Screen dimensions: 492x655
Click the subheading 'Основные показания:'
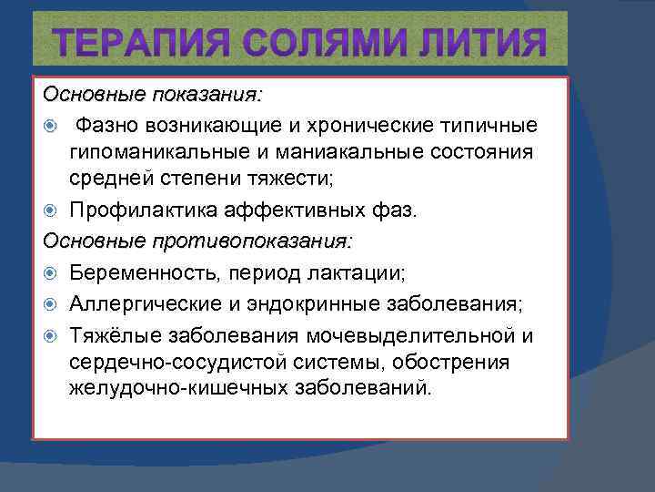coord(153,95)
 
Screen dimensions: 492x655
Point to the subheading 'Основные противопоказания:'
coord(197,241)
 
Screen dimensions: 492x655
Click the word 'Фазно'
coord(110,124)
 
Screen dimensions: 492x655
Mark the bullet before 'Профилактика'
coord(51,212)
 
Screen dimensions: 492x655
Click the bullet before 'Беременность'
coord(51,272)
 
